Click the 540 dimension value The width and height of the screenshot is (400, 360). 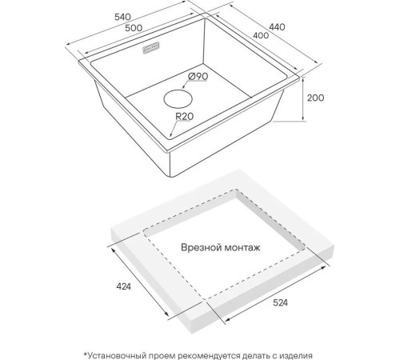pos(122,17)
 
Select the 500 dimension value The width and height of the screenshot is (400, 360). pos(134,28)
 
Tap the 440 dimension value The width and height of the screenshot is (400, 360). pos(277,27)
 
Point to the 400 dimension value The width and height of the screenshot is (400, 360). pos(261,35)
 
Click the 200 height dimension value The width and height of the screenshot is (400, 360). pos(316,98)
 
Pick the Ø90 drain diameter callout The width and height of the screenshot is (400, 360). pos(198,77)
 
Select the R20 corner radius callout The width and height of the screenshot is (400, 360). pos(184,116)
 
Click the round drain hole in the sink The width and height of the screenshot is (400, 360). pos(178,99)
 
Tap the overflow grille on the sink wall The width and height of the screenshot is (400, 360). pos(151,48)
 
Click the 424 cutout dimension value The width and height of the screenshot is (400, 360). pos(124,286)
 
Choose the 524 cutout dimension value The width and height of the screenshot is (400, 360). pos(281,302)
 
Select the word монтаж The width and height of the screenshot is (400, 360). pos(242,248)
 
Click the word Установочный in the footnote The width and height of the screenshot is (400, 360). pos(115,355)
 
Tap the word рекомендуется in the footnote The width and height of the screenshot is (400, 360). pos(209,355)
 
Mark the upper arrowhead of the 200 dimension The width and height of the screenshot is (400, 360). pos(303,79)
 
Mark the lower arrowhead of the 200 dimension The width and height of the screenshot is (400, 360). pos(303,118)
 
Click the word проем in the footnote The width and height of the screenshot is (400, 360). pos(162,356)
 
